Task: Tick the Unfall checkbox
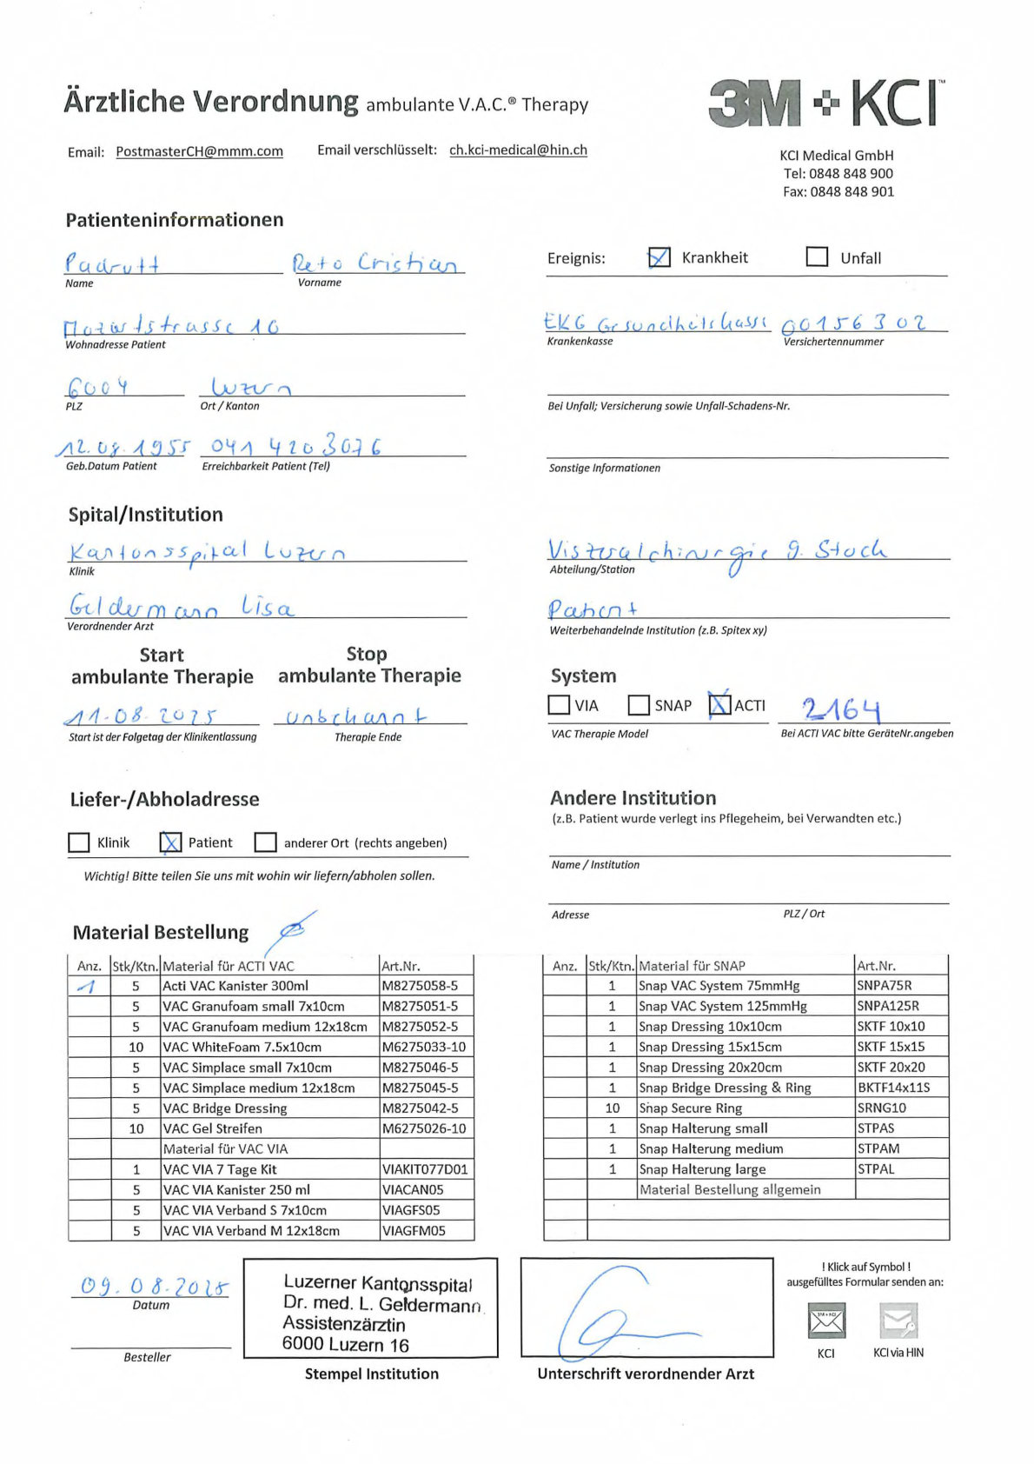point(817,257)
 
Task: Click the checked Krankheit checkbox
point(660,257)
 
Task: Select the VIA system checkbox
point(559,705)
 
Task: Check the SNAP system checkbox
point(639,705)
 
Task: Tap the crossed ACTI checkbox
point(719,704)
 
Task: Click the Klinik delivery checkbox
point(79,842)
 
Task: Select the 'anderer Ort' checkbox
point(265,842)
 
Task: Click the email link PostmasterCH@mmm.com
point(199,151)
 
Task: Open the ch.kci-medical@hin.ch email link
point(518,150)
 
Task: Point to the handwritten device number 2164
point(840,709)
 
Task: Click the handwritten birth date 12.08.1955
point(123,448)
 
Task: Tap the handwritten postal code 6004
point(97,386)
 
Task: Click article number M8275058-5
point(420,986)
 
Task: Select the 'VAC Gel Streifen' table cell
point(213,1128)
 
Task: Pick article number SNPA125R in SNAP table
point(888,1006)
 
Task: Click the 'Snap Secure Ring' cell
point(691,1108)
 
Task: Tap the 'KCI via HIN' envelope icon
point(898,1321)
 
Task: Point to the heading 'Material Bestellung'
point(161,933)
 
